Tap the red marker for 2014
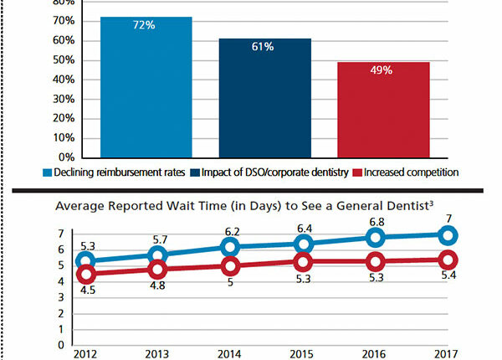click(x=229, y=267)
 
